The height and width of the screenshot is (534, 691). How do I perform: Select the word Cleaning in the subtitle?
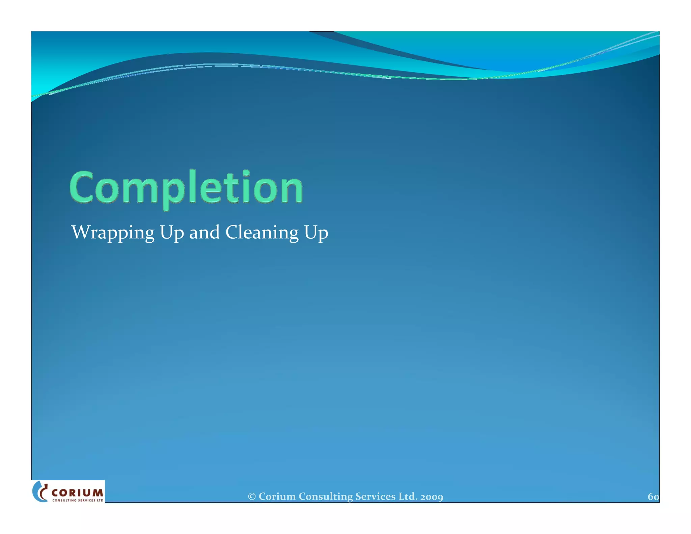262,232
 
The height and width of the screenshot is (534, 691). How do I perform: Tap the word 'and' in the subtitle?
204,232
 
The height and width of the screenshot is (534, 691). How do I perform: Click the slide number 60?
653,497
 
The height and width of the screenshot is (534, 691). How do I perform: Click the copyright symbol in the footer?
252,497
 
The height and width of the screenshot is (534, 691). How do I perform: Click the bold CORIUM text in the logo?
77,493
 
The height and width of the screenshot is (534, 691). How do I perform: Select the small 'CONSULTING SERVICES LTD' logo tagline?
78,500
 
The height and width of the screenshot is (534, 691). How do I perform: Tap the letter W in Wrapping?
81,232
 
